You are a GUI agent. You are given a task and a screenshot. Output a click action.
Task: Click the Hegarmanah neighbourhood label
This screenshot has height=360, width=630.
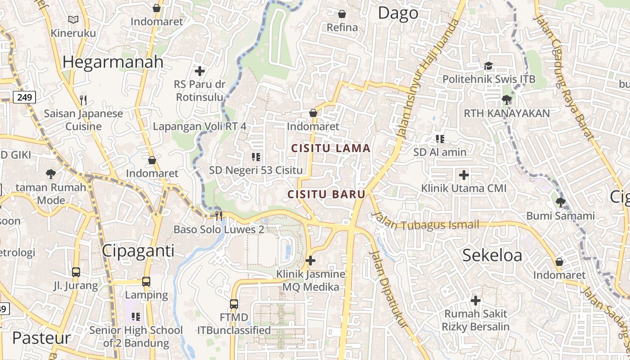coord(112,62)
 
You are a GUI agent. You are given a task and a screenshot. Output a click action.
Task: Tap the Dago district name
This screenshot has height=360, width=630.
coord(398,13)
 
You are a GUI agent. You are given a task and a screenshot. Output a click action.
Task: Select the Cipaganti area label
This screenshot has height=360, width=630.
coord(138,251)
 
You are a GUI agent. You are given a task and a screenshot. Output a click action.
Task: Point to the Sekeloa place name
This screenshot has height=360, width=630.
coord(492,255)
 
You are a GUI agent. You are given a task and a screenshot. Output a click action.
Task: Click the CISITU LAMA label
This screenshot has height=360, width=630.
coord(331,148)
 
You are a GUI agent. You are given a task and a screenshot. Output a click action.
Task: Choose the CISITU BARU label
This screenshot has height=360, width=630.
coord(326,194)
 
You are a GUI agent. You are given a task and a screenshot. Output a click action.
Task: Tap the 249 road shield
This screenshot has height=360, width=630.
coord(24,97)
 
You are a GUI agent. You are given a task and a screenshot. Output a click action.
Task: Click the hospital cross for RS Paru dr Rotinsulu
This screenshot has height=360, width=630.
coord(200,71)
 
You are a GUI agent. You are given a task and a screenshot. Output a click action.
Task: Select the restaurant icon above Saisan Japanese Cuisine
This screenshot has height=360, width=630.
coord(83,99)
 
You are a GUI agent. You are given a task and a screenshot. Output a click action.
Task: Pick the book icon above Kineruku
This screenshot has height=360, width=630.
coord(73,19)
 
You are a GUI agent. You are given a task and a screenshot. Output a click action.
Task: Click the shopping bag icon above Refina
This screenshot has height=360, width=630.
coord(342,14)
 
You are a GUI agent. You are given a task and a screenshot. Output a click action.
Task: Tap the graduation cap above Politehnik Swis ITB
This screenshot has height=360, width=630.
coord(489,66)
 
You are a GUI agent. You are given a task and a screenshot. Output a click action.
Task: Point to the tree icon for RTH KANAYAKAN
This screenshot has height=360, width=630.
coord(507,99)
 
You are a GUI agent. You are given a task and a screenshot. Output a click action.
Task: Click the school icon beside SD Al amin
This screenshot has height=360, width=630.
coord(440,139)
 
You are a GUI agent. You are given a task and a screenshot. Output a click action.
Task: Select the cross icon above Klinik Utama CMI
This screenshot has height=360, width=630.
coord(464,175)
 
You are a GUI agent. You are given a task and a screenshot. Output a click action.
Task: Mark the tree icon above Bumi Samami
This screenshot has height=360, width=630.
coord(560,202)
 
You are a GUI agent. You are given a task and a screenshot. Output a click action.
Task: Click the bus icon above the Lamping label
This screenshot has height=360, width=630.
coord(146,282)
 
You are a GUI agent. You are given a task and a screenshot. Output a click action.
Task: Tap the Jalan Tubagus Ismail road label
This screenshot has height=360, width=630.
coord(425,223)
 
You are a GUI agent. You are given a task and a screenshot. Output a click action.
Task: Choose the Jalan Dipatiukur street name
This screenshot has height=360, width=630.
coord(387,288)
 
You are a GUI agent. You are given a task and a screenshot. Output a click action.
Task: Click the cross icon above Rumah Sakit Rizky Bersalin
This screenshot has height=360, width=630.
coord(476,300)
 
